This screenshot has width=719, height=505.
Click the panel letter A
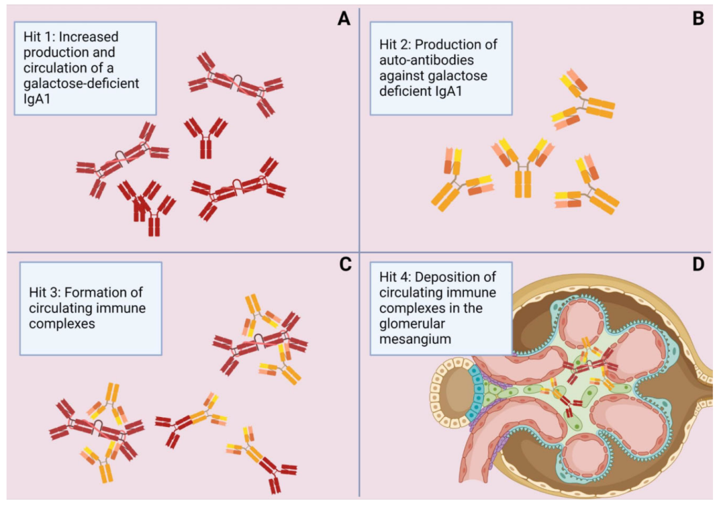coord(344,19)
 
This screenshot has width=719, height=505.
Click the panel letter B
coord(698,19)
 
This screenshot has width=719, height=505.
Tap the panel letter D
coord(698,264)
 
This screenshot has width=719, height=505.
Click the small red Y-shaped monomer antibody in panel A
coord(205,136)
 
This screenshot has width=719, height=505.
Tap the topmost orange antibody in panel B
coord(581,99)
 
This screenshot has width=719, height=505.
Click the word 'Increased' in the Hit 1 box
coord(90,37)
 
